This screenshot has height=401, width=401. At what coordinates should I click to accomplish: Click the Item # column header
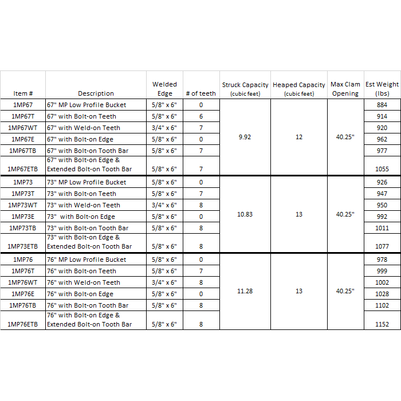point(23,93)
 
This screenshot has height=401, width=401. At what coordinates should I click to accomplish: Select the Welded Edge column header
point(164,89)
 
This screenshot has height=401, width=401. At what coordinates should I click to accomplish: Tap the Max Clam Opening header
point(345,89)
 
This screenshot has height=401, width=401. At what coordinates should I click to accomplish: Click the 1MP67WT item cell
point(23,128)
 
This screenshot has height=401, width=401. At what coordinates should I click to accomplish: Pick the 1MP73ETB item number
point(23,246)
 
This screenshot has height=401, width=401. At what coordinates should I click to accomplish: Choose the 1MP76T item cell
point(23,271)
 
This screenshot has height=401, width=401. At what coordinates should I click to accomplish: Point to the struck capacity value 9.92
point(245,137)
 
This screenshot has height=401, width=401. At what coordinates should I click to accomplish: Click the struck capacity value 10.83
point(245,214)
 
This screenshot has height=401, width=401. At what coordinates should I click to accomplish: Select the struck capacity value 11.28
point(245,291)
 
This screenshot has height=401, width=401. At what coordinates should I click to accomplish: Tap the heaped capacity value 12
point(299,137)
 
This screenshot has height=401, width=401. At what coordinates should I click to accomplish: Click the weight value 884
point(382,105)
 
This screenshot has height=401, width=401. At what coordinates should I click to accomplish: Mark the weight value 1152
point(382,324)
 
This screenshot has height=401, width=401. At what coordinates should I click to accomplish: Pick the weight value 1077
point(382,246)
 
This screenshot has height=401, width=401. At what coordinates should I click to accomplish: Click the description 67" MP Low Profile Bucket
point(87,105)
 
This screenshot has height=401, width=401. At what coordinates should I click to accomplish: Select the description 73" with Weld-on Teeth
point(84,205)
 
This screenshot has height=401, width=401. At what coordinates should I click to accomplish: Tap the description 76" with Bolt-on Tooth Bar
point(88,305)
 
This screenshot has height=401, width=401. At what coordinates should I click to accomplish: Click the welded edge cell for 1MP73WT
point(164,205)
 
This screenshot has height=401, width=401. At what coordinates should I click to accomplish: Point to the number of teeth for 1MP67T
point(201,116)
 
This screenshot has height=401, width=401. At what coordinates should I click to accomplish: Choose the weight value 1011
point(382,228)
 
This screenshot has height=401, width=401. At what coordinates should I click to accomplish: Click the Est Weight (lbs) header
point(382,89)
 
